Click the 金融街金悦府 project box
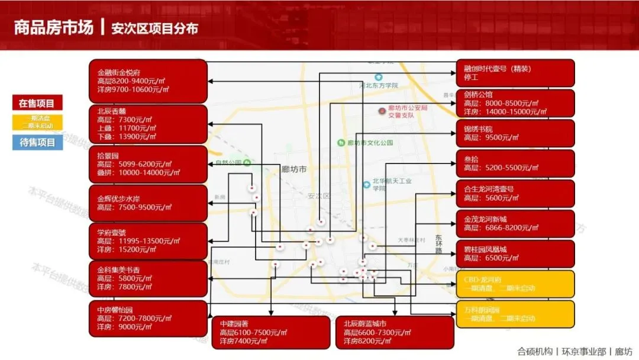(148, 81)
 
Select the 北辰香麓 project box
(148, 124)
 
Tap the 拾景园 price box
(148, 164)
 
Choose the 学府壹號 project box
(148, 241)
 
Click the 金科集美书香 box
(148, 278)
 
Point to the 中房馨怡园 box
(148, 318)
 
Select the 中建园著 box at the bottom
(271, 332)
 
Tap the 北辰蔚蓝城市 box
(395, 332)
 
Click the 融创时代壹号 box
(515, 73)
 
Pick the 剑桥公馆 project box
(515, 103)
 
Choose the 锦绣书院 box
(515, 133)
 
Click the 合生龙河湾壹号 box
(515, 194)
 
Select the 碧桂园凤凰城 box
(515, 254)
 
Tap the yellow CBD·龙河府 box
(515, 284)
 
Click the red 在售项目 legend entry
(37, 103)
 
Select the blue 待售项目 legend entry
(37, 142)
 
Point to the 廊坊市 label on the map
(294, 169)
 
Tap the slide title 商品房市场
(54, 27)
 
